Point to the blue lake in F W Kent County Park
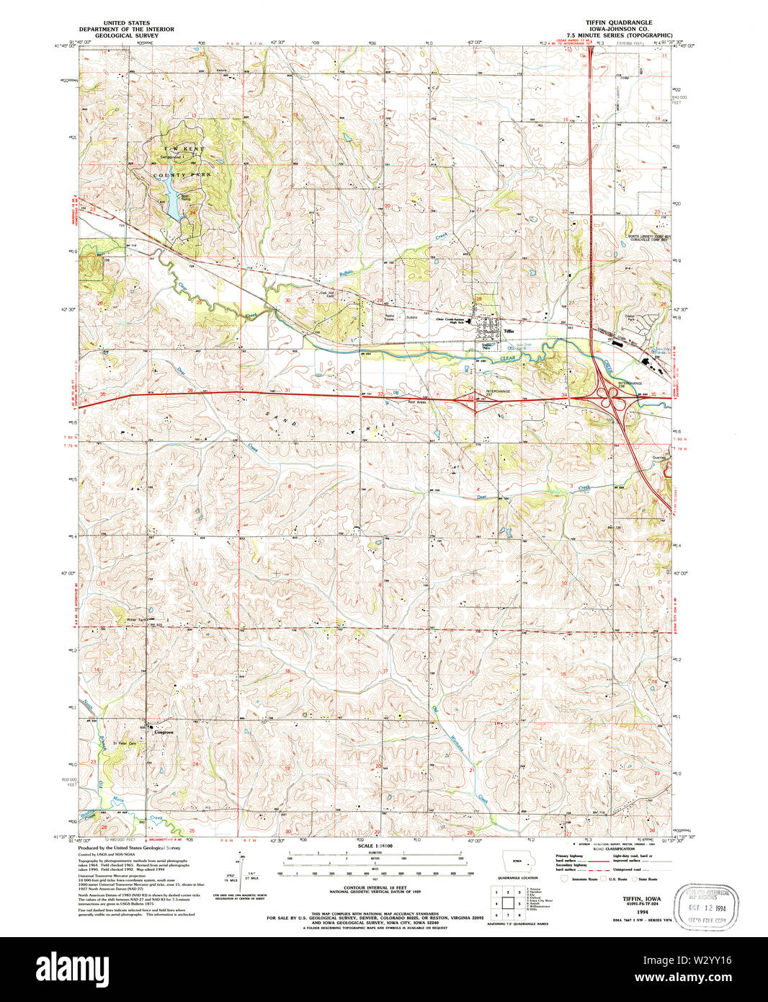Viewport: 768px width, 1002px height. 174,199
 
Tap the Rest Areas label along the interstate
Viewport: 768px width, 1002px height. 417,402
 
